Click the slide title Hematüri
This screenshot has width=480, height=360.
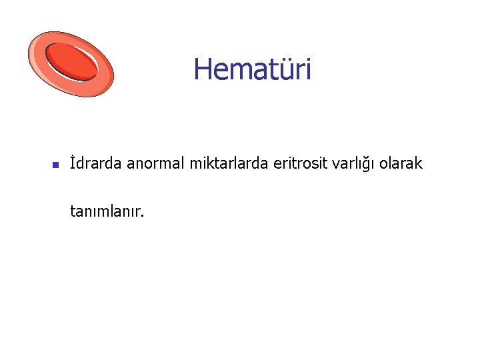click(252, 69)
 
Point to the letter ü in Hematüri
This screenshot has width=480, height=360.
click(285, 70)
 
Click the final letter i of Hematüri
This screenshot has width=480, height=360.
click(307, 69)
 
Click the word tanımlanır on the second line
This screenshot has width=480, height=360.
click(105, 212)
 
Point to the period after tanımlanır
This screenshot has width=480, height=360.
click(142, 216)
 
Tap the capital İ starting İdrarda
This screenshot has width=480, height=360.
click(73, 163)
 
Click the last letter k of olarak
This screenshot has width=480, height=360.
click(419, 163)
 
